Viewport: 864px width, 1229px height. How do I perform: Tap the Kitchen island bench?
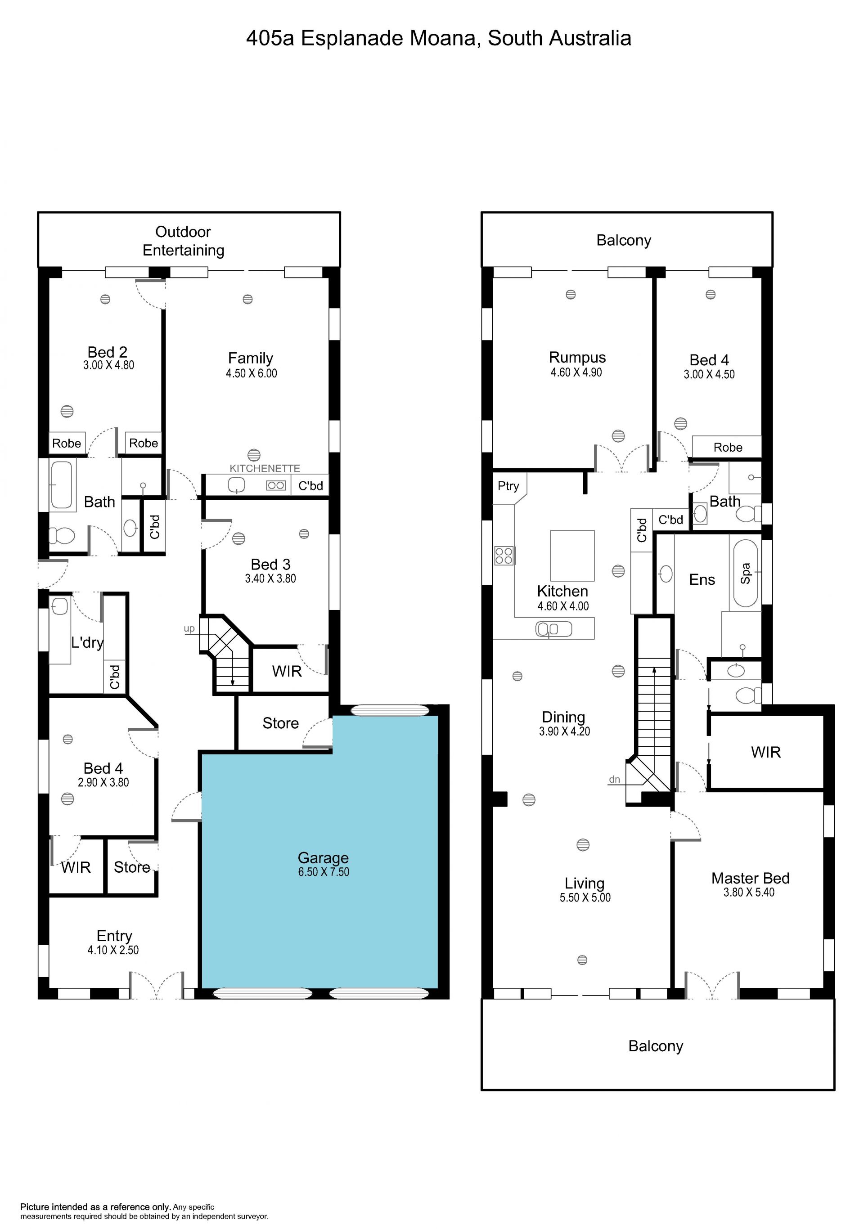pos(572,556)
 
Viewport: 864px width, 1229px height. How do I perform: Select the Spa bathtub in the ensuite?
pos(745,573)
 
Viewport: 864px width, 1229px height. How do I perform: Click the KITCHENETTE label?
pos(265,468)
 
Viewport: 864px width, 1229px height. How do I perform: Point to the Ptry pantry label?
pos(508,486)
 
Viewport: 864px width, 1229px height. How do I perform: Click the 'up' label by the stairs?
pos(189,629)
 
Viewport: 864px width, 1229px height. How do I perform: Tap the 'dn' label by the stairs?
pos(615,779)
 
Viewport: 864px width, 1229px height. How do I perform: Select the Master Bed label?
pos(750,879)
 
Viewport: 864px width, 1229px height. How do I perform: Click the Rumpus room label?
pos(577,358)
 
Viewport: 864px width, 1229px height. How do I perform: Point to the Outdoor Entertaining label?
pos(183,241)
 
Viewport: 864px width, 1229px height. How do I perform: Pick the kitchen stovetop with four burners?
pos(504,556)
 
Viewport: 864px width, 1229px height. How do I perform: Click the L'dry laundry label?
pos(87,642)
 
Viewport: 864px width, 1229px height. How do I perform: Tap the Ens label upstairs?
pos(702,580)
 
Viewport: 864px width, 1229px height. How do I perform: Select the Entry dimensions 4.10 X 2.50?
pos(113,950)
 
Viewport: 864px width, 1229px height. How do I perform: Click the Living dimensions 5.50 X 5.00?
pos(585,897)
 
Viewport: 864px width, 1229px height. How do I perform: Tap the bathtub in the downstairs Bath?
pos(62,485)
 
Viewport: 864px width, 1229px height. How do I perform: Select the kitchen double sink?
pos(554,629)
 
